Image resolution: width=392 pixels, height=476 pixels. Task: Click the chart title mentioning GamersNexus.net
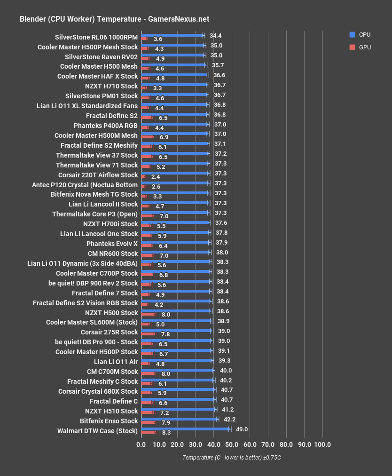(x=114, y=19)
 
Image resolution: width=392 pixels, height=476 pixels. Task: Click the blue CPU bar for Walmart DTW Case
(x=186, y=429)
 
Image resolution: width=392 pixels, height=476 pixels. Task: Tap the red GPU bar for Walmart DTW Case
(x=149, y=432)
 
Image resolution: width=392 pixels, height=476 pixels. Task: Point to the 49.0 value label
(x=242, y=429)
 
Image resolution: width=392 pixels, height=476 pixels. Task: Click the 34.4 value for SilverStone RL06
(x=216, y=36)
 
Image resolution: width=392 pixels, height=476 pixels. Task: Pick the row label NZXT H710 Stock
(x=111, y=86)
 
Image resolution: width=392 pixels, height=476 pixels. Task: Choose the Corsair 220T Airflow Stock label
(x=103, y=175)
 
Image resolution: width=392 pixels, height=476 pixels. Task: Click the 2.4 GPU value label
(x=156, y=177)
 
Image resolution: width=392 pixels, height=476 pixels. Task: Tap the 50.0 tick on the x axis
(x=231, y=445)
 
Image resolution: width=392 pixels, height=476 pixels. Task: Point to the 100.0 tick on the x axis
(x=322, y=445)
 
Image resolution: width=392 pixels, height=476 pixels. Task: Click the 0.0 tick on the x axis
(x=141, y=445)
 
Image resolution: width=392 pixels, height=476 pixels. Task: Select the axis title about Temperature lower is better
(x=231, y=458)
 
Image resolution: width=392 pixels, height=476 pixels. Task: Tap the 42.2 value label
(x=229, y=420)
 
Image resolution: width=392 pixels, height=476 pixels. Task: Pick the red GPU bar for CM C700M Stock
(x=148, y=373)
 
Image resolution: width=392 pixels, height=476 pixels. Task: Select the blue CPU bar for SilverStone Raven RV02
(x=172, y=56)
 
